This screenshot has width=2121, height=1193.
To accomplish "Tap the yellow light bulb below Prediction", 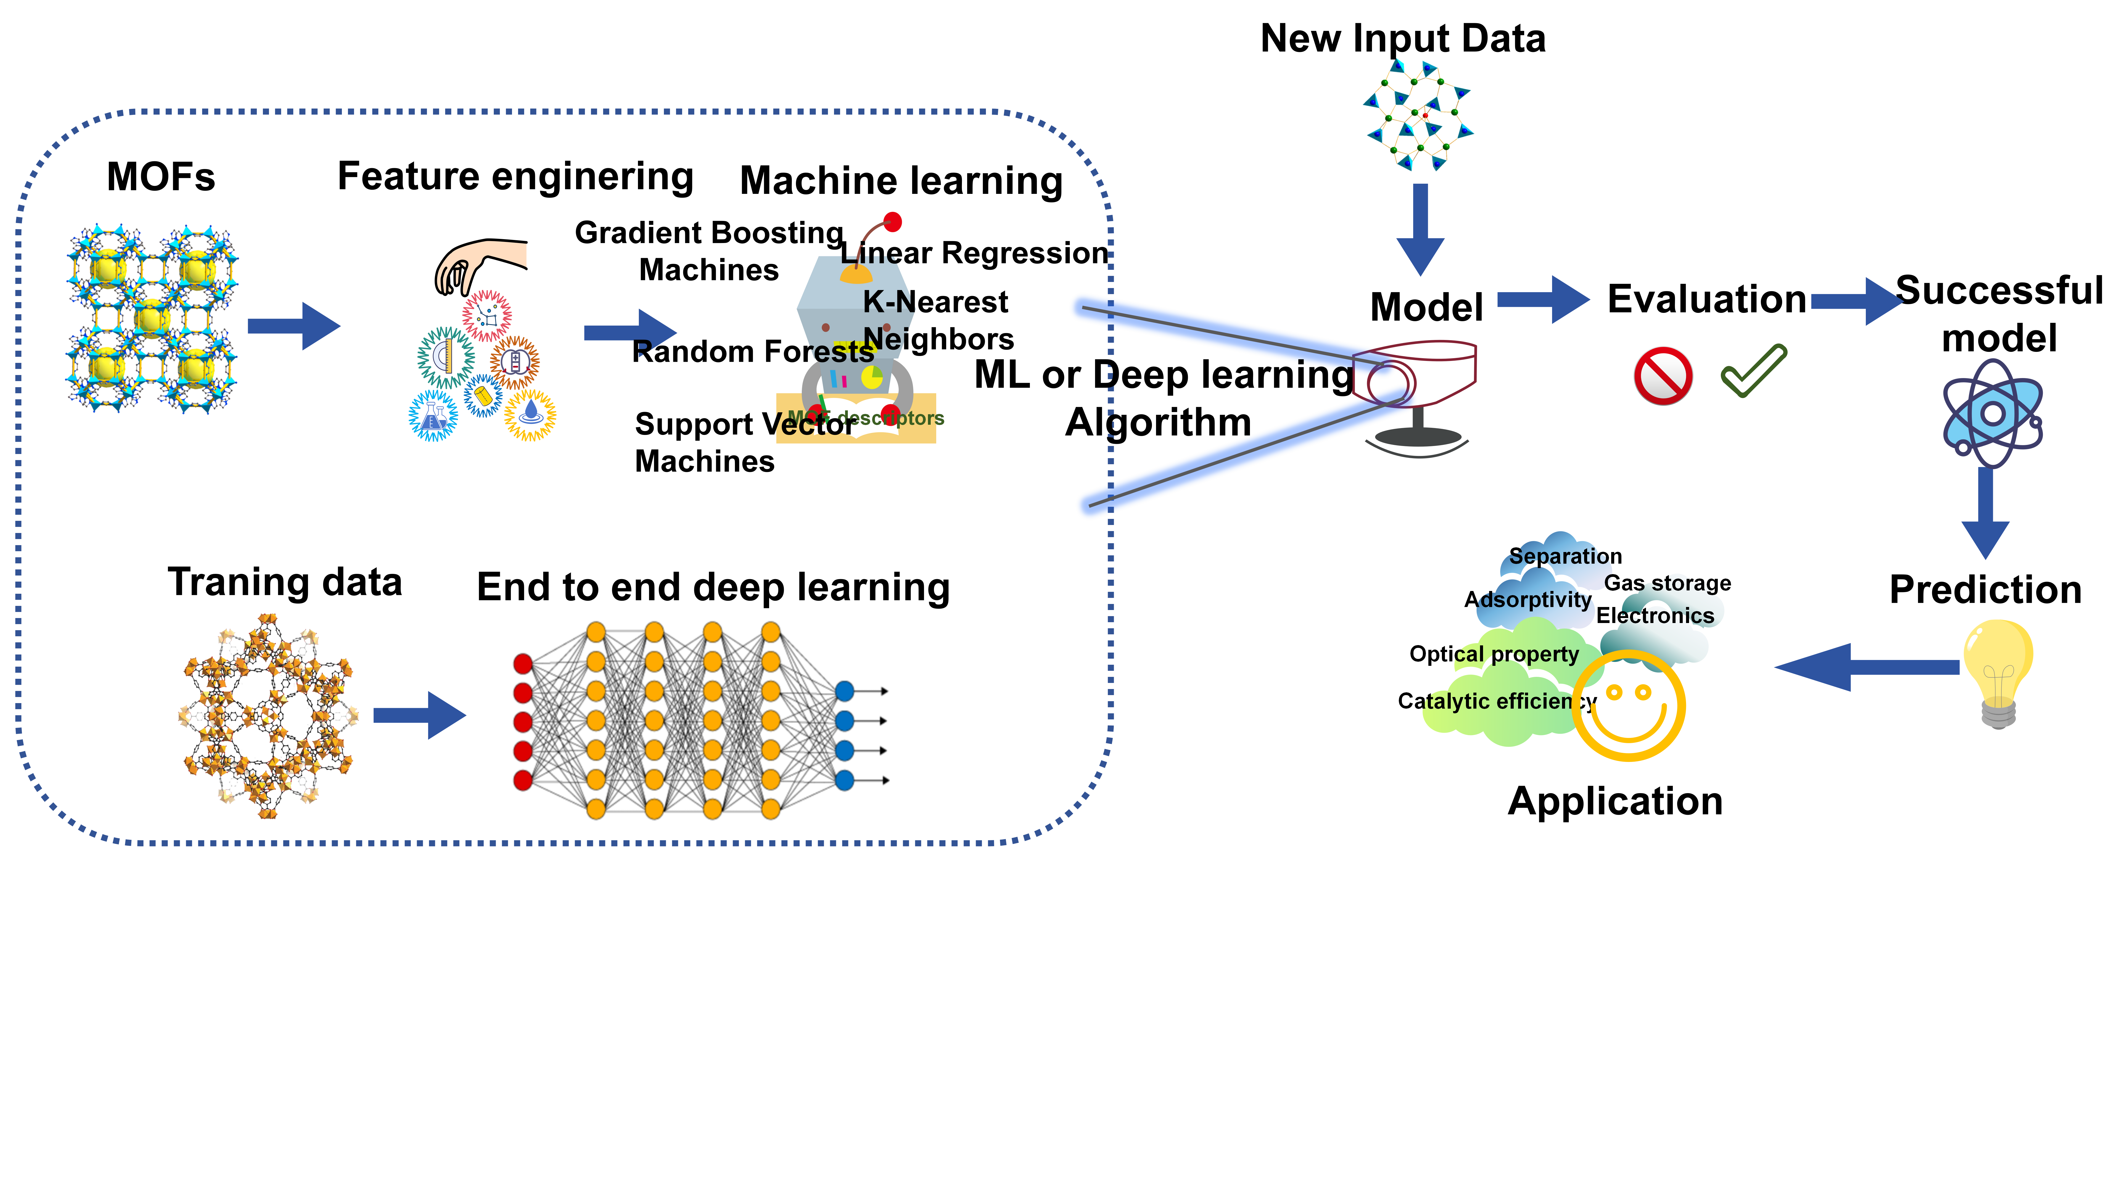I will (1998, 671).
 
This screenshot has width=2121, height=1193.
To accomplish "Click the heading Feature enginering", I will (515, 177).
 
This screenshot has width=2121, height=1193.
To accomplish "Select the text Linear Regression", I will (975, 253).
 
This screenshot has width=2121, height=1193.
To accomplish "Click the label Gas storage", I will (1667, 583).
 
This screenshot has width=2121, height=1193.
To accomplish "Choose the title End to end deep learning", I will (713, 588).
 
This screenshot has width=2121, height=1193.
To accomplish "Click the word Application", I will (1615, 801).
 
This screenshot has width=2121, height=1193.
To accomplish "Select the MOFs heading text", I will (161, 177).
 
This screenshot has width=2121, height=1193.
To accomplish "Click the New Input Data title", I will (1403, 39).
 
